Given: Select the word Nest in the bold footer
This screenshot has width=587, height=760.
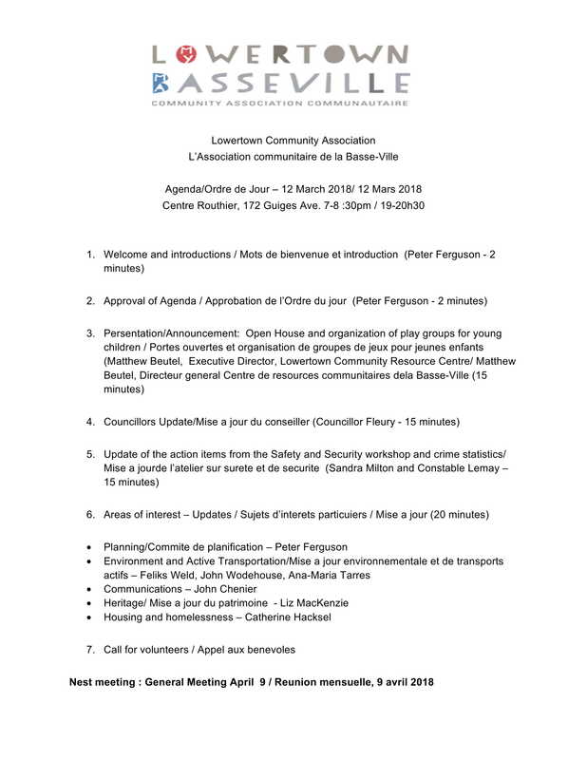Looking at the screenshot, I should (83, 683).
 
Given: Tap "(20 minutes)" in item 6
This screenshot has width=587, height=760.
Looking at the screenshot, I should (460, 515).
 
